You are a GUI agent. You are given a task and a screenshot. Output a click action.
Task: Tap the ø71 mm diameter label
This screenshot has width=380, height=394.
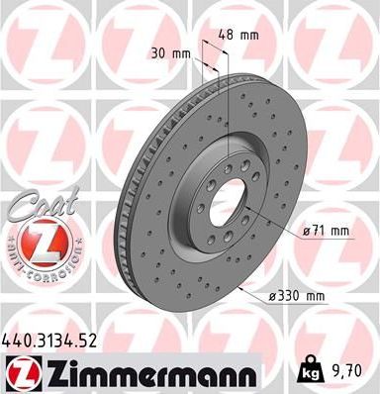tap(327, 232)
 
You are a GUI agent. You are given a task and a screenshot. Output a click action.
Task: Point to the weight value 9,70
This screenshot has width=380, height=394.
tap(352, 371)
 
